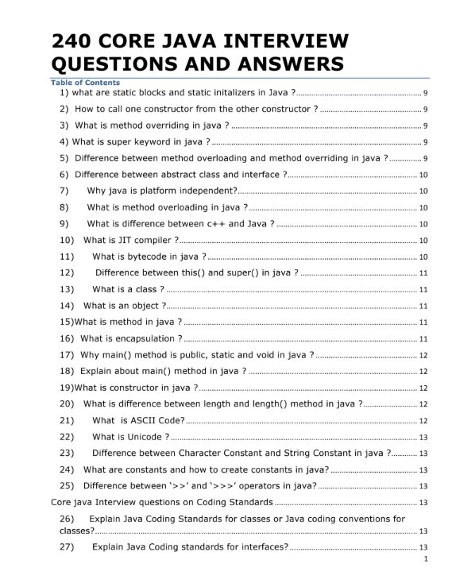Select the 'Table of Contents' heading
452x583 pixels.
[x=85, y=83]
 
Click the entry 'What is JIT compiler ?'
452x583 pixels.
[x=130, y=240]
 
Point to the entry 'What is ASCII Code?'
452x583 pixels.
[x=138, y=420]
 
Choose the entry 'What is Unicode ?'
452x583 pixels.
[x=130, y=437]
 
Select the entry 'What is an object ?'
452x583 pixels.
[x=125, y=306]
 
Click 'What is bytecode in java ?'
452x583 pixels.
[x=149, y=257]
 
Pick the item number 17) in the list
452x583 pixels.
[x=67, y=355]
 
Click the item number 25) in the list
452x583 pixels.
[x=67, y=486]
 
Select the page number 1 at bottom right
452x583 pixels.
[x=427, y=560]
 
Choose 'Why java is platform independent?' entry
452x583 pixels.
[x=162, y=191]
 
